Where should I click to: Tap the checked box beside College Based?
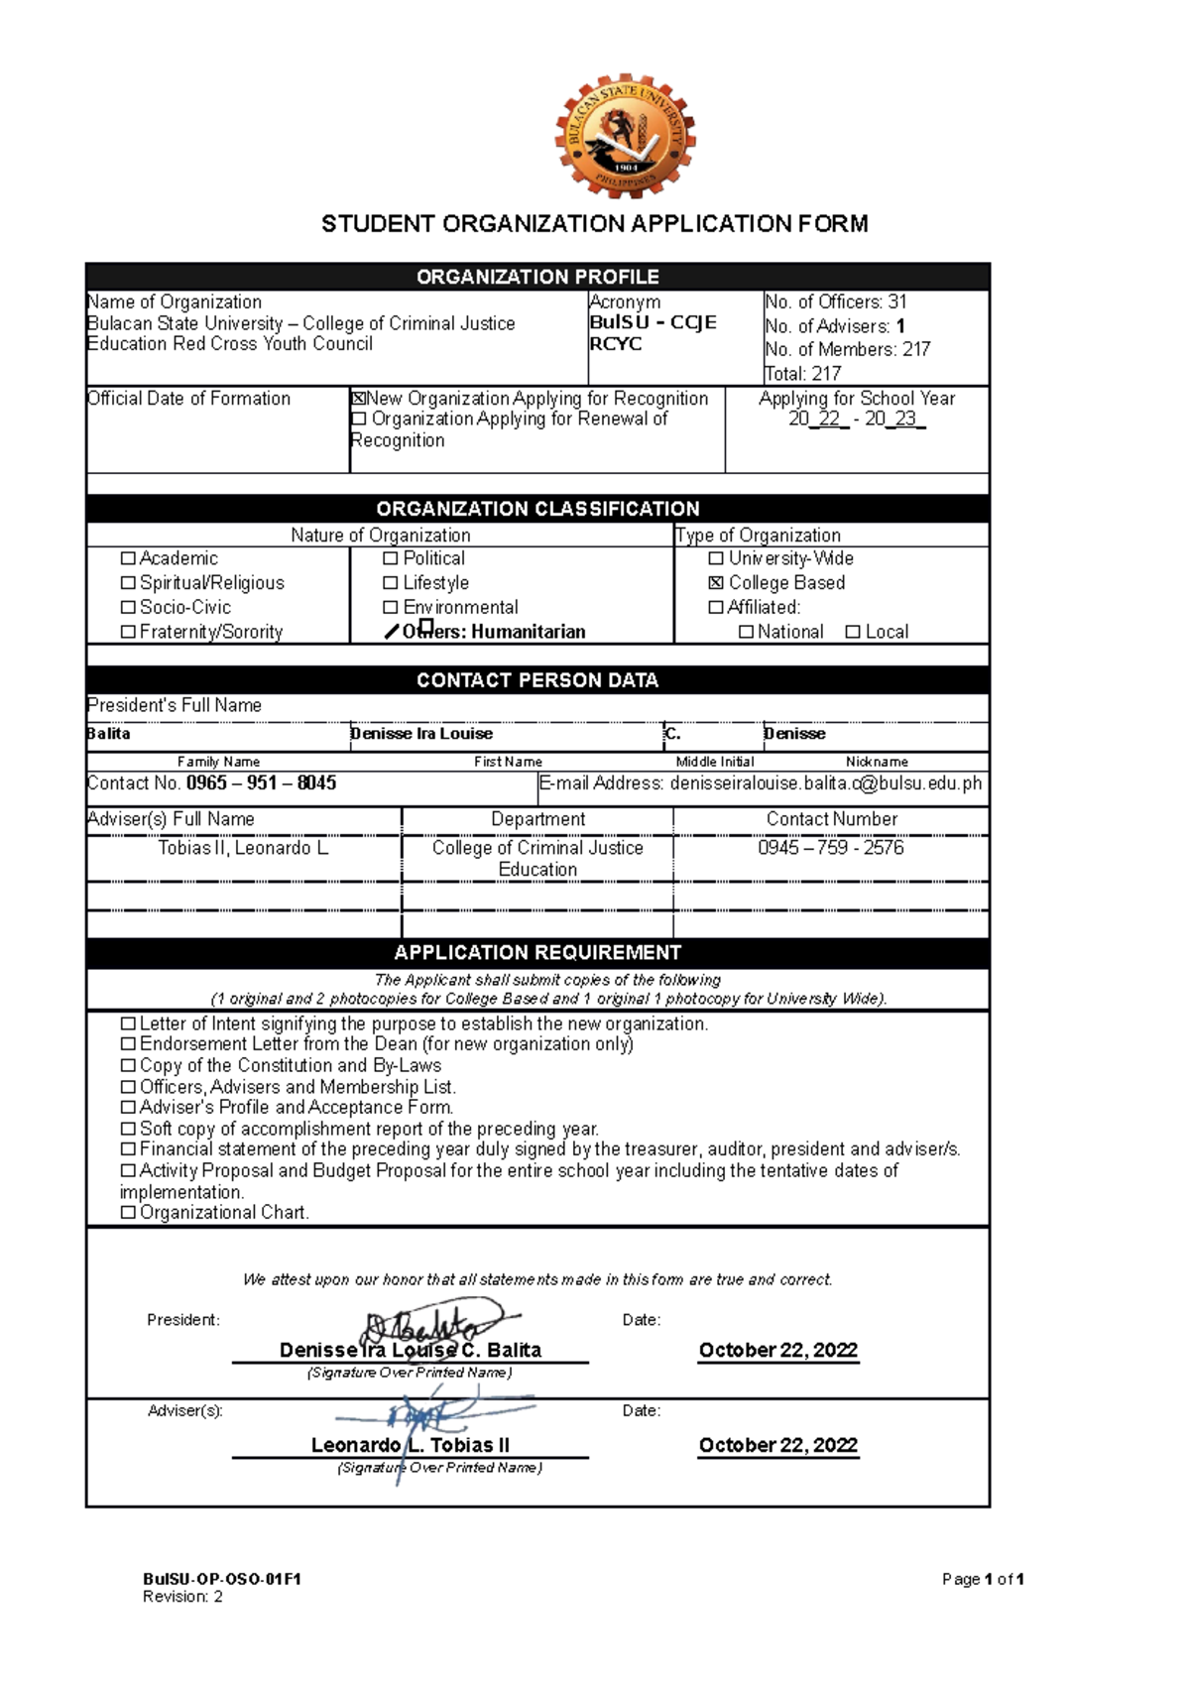pos(716,583)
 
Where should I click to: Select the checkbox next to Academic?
pos(128,558)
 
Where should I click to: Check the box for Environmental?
pos(391,607)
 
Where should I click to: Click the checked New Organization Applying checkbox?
pos(358,399)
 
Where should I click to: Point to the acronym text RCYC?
pos(616,344)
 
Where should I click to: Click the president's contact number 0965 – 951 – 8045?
pos(261,783)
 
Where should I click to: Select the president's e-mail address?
pos(825,783)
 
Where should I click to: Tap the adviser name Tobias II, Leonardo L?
pos(243,848)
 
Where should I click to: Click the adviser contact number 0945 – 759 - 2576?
pos(830,848)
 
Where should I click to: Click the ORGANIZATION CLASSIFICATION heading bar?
pos(537,509)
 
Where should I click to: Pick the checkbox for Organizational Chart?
pos(128,1213)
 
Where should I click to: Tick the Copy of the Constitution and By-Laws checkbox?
pos(128,1066)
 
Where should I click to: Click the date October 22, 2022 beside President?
pos(777,1351)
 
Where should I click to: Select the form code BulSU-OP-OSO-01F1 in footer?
pos(221,1580)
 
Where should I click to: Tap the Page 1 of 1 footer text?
pos(982,1580)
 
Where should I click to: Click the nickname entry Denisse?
pos(794,734)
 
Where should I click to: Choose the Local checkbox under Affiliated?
pos(853,632)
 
